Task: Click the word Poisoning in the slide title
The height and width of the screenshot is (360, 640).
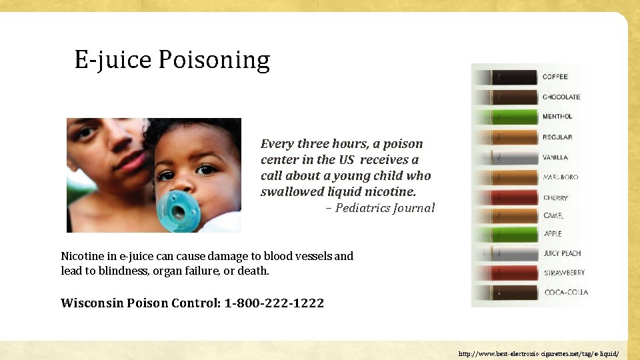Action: tap(214, 61)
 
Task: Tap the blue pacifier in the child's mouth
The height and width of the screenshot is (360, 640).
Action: tap(179, 211)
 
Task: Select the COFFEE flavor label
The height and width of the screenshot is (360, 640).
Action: tap(555, 77)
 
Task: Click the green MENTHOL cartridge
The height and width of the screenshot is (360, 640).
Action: tap(514, 117)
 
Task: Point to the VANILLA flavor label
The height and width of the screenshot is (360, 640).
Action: tap(555, 157)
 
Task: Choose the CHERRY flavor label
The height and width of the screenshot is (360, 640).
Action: tap(555, 198)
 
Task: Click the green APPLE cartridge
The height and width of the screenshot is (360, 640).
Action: tap(514, 234)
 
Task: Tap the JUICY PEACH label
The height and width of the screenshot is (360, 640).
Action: tap(562, 253)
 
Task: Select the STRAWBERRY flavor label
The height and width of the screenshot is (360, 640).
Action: tap(564, 273)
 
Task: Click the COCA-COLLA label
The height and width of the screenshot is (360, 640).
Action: tap(566, 292)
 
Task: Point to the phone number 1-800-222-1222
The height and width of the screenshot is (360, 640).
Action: tap(274, 303)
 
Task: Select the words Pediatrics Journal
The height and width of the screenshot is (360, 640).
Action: tap(385, 208)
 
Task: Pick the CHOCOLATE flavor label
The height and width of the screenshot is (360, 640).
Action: tap(561, 97)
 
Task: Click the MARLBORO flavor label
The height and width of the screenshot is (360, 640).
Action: tap(560, 177)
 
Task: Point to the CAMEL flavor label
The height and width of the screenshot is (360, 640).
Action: tap(553, 216)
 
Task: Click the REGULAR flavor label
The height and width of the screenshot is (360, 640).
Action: tap(557, 137)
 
